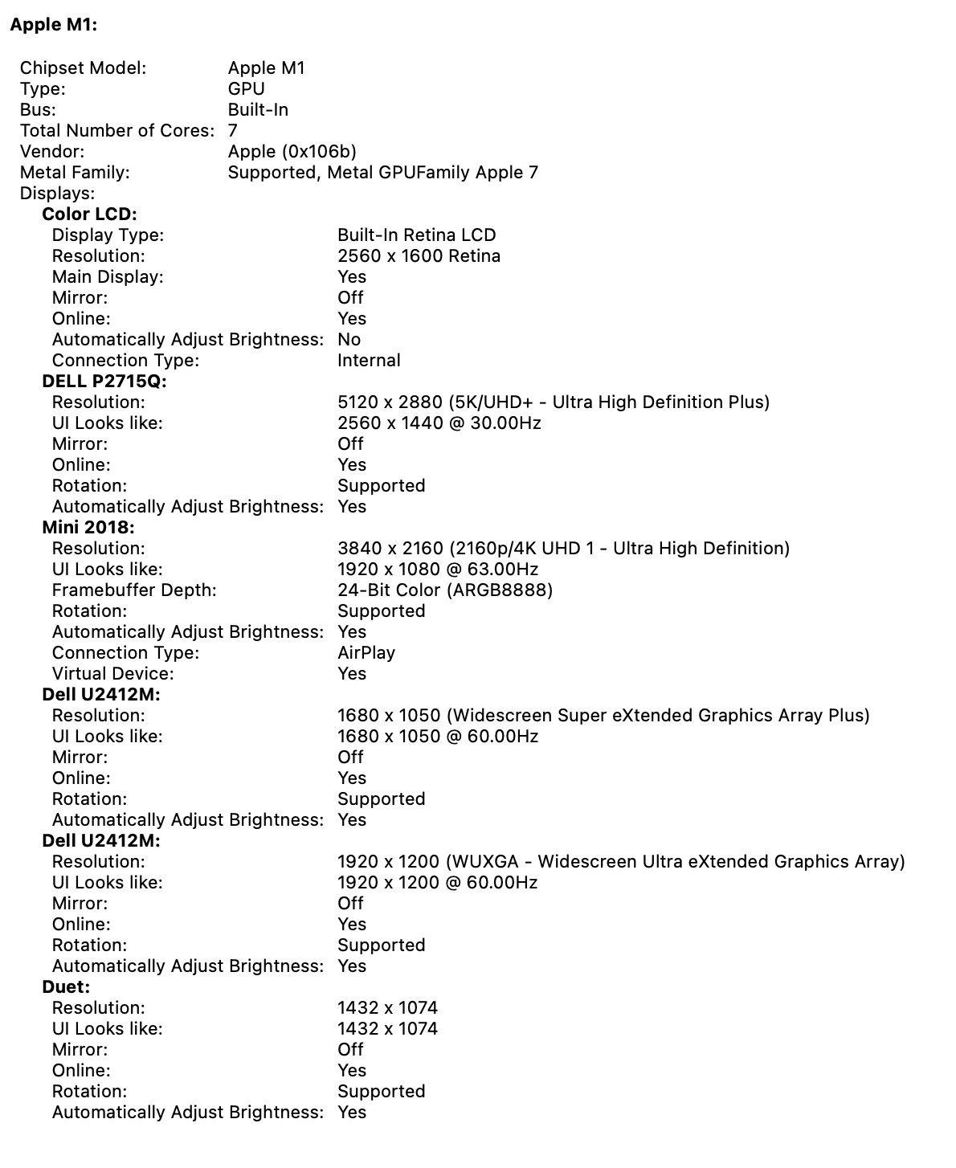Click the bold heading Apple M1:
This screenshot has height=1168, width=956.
[x=53, y=25]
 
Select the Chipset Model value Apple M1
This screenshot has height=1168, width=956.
[x=266, y=68]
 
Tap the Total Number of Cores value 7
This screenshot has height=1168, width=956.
[x=232, y=131]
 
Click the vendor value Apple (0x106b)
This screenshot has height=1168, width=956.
[x=292, y=152]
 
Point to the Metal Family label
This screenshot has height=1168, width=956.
[x=74, y=173]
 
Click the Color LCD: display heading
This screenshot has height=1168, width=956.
[x=89, y=214]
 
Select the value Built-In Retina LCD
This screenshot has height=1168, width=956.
[x=416, y=235]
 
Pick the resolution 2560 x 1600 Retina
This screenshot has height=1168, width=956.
[x=419, y=256]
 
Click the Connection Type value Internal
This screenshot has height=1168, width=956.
[x=369, y=361]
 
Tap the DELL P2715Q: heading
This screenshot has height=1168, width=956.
[x=104, y=382]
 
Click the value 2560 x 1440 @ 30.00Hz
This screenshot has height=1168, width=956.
[x=439, y=423]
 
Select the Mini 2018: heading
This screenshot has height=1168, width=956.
[x=88, y=528]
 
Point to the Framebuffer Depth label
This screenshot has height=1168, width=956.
[x=134, y=590]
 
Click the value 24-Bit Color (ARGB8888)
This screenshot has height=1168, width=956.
[x=445, y=590]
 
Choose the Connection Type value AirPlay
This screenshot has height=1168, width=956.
[x=366, y=653]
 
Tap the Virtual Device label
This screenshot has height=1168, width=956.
[x=112, y=674]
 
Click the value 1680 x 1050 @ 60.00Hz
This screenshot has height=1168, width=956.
[x=438, y=737]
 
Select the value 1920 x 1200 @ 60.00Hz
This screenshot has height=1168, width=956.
[x=437, y=883]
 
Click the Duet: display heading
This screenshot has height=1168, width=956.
[x=66, y=987]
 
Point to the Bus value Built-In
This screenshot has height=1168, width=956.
[x=258, y=110]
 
